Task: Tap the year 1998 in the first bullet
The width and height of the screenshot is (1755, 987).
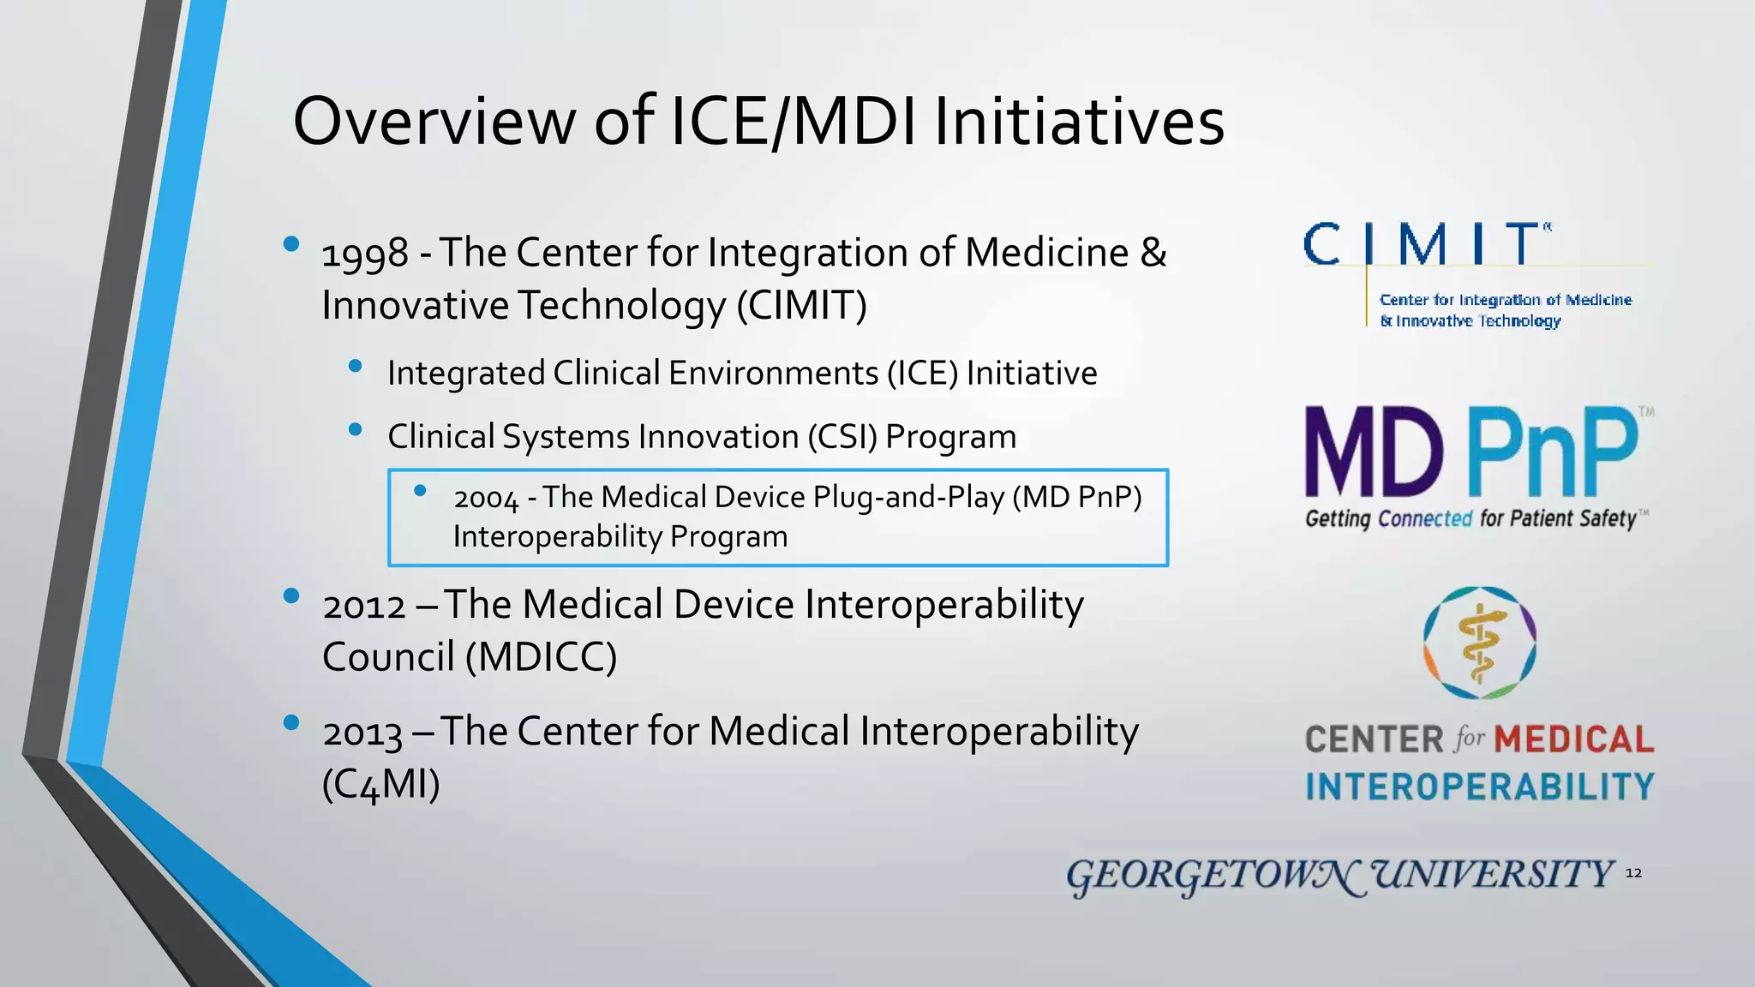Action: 365,254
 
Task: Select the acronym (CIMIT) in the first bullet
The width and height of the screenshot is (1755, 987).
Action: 802,306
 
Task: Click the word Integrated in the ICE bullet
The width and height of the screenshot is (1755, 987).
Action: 465,374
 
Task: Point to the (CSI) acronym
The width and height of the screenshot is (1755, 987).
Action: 842,437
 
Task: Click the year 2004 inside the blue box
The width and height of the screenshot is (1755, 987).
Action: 486,499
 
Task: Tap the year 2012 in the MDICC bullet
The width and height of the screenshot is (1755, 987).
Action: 364,606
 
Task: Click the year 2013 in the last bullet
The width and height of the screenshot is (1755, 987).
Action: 362,733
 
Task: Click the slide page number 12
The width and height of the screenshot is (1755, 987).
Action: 1633,873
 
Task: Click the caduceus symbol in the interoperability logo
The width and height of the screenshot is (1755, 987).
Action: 1480,643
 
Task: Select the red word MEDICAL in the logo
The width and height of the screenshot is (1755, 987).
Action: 1573,739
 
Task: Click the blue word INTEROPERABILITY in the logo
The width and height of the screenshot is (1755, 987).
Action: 1479,787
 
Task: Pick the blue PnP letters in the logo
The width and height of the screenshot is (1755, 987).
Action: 1551,452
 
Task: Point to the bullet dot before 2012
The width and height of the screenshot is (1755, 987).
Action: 291,595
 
